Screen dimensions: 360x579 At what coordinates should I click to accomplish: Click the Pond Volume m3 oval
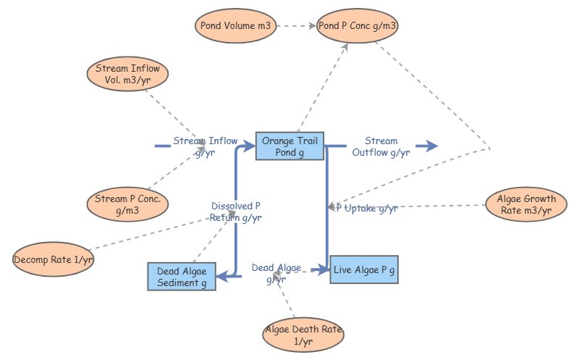tap(234, 26)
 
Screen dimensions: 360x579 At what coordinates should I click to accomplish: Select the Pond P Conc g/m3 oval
tap(358, 26)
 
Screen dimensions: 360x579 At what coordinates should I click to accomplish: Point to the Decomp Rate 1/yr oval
tap(54, 259)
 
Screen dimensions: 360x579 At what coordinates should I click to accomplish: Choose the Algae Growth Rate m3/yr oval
tap(526, 205)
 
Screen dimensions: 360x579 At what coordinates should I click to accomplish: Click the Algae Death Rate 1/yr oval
tap(303, 335)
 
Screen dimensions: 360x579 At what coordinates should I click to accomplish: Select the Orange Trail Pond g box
tap(290, 146)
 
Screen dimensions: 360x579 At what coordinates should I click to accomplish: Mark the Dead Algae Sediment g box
tap(181, 277)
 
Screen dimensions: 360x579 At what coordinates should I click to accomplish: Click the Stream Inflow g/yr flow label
tap(205, 146)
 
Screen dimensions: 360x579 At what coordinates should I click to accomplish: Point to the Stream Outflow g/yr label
tap(381, 146)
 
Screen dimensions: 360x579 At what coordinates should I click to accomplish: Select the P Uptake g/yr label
tap(366, 209)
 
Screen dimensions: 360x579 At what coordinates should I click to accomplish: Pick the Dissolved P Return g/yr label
tap(236, 212)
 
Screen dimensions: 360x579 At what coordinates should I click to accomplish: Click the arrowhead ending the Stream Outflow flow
tap(432, 146)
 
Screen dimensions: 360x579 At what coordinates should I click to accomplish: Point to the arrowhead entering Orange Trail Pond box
tap(250, 146)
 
